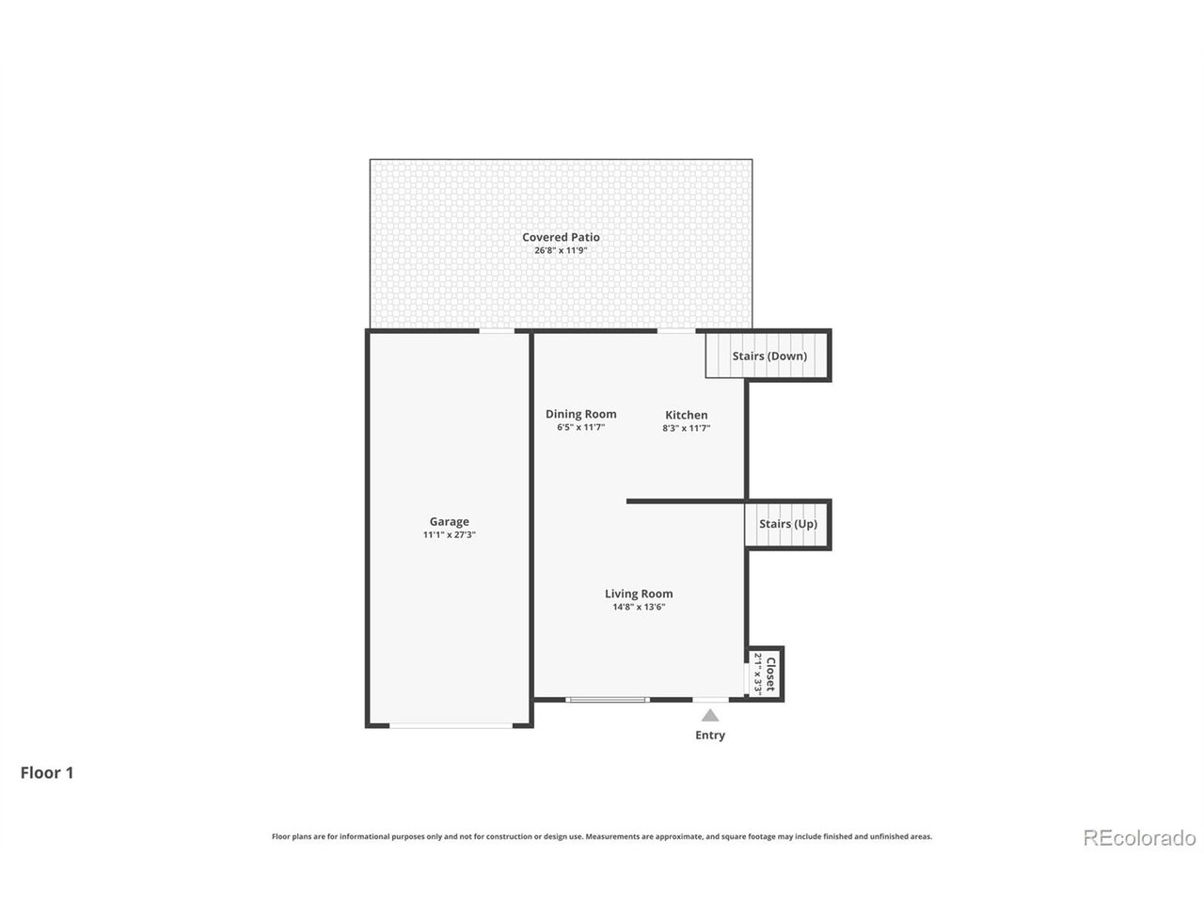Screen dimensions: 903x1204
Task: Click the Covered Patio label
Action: (561, 237)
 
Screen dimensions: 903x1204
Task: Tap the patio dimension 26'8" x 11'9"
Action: (561, 251)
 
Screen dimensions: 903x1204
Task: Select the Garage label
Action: (449, 522)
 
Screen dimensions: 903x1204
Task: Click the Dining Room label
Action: (580, 414)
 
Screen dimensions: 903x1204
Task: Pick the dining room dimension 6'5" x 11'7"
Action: (580, 428)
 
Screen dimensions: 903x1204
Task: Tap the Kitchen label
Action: (686, 415)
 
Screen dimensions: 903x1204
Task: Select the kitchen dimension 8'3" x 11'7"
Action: (686, 428)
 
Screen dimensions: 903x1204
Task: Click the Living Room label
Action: (639, 594)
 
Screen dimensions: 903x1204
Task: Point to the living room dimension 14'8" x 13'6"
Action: (639, 608)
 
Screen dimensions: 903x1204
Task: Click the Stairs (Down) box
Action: (768, 356)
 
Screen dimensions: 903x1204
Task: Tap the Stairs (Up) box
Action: (787, 524)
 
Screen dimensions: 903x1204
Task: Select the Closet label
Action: (770, 673)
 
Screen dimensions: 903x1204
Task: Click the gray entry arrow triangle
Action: (710, 716)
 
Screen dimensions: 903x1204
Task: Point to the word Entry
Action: (710, 736)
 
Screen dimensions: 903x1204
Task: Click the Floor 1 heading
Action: (47, 773)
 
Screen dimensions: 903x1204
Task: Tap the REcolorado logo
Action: (1139, 837)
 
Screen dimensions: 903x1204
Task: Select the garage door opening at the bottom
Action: (451, 725)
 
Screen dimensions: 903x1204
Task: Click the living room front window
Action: (608, 699)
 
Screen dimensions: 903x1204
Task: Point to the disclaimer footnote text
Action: (602, 836)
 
